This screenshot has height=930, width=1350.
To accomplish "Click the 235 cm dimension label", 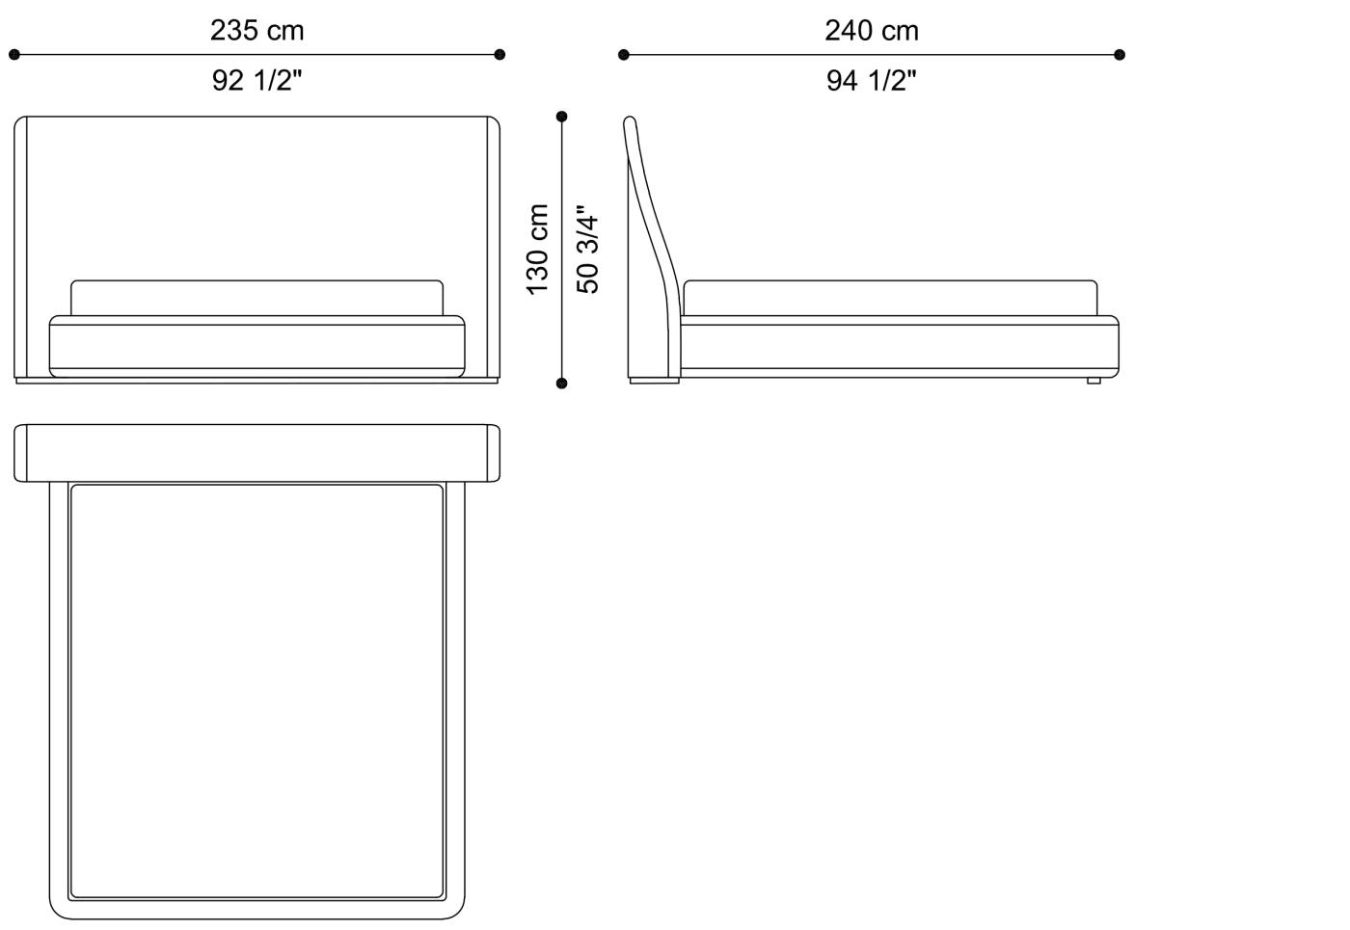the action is [257, 30].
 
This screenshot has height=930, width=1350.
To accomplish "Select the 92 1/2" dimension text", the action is [257, 80].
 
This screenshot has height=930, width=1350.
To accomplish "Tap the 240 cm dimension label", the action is [872, 30].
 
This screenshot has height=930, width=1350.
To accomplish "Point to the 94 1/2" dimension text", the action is [872, 80].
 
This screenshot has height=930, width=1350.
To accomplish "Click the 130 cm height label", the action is [538, 250].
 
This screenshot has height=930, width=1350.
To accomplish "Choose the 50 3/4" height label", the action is [587, 250].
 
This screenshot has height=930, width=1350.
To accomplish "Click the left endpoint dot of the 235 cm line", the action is [14, 55].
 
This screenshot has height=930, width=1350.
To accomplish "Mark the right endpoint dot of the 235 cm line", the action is [499, 55].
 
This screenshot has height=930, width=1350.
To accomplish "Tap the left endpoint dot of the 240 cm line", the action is [624, 55].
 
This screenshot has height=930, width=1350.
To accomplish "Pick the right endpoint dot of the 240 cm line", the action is [1120, 55].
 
